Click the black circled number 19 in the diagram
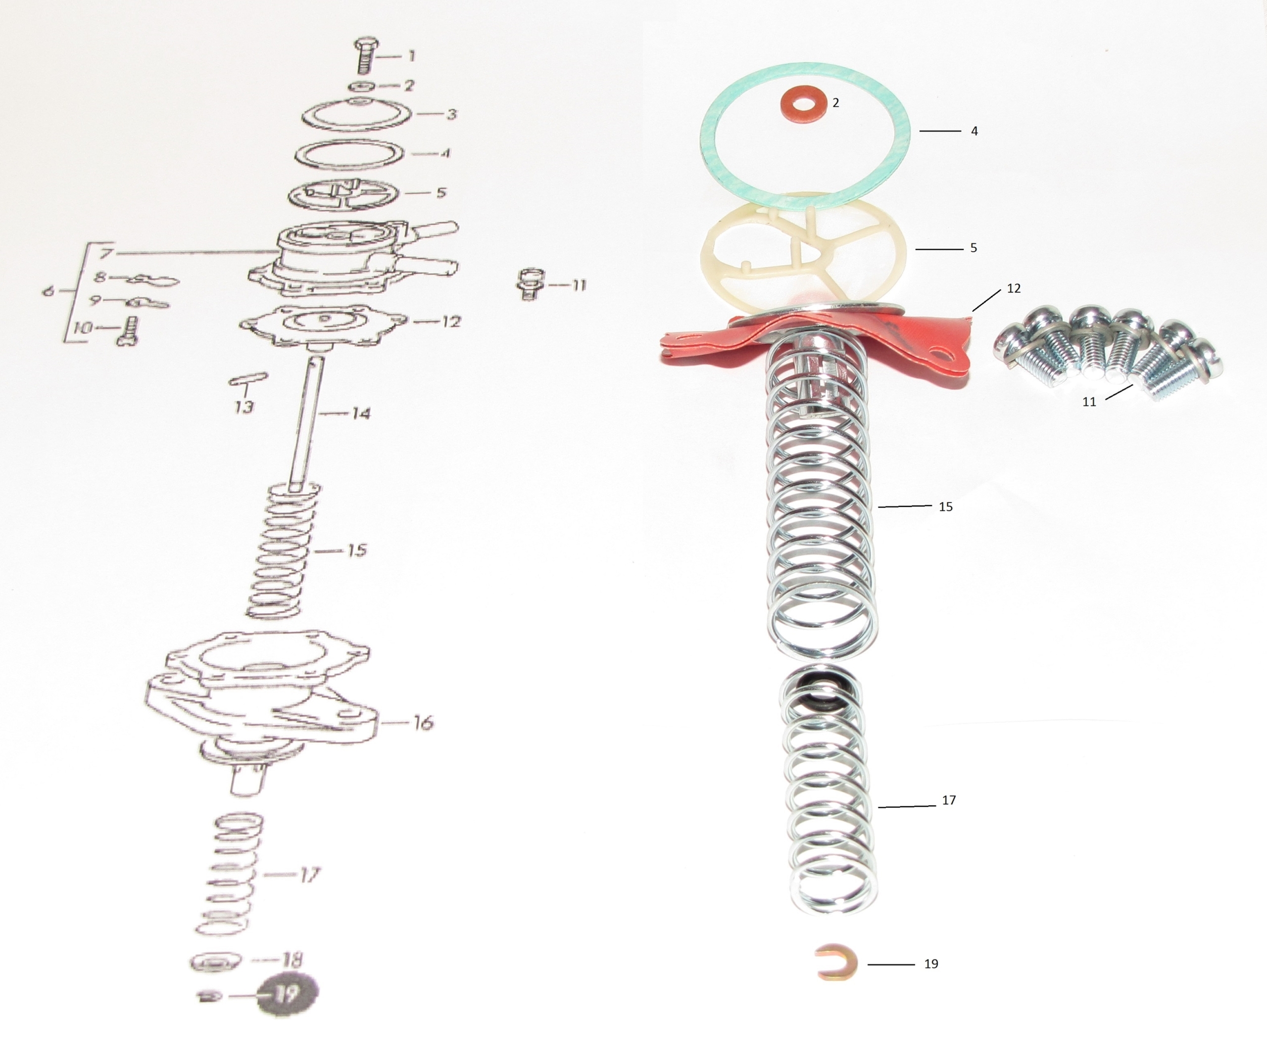tap(287, 994)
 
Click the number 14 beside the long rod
tap(360, 414)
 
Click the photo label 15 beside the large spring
tap(945, 506)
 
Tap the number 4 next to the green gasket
tap(975, 131)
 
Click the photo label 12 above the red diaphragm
tap(1014, 288)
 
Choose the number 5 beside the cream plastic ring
tap(973, 248)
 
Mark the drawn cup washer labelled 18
tap(216, 963)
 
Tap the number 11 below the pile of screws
tap(1089, 402)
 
